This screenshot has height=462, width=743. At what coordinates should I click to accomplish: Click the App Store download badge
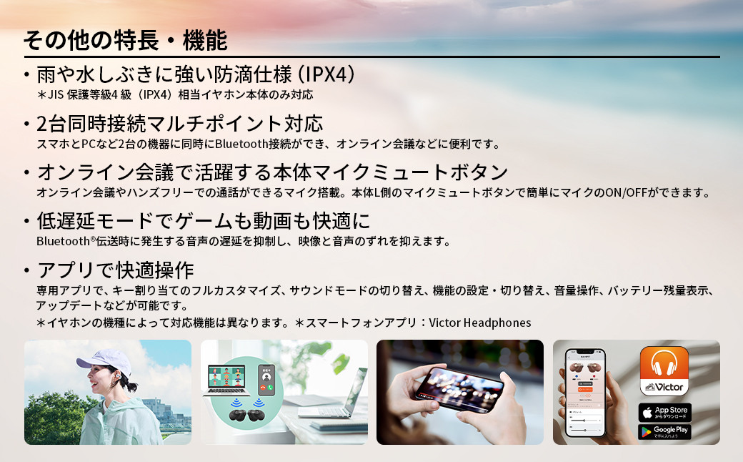pyautogui.click(x=664, y=413)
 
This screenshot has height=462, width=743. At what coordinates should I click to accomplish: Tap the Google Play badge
pyautogui.click(x=664, y=432)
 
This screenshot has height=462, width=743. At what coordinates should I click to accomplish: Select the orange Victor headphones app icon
pyautogui.click(x=664, y=370)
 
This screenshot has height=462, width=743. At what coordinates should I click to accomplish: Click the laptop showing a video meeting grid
pyautogui.click(x=229, y=383)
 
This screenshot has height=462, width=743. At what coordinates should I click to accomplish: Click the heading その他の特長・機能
pyautogui.click(x=125, y=40)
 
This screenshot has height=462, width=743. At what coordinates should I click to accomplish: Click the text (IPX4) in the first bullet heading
pyautogui.click(x=326, y=74)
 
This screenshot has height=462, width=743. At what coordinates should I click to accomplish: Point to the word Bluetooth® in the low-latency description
pyautogui.click(x=66, y=242)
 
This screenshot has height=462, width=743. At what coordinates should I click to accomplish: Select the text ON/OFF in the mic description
pyautogui.click(x=623, y=192)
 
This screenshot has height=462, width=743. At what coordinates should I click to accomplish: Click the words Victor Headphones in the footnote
pyautogui.click(x=480, y=323)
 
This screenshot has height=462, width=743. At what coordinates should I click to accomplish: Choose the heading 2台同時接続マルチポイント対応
pyautogui.click(x=179, y=124)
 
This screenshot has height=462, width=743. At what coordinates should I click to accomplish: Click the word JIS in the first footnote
pyautogui.click(x=56, y=94)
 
